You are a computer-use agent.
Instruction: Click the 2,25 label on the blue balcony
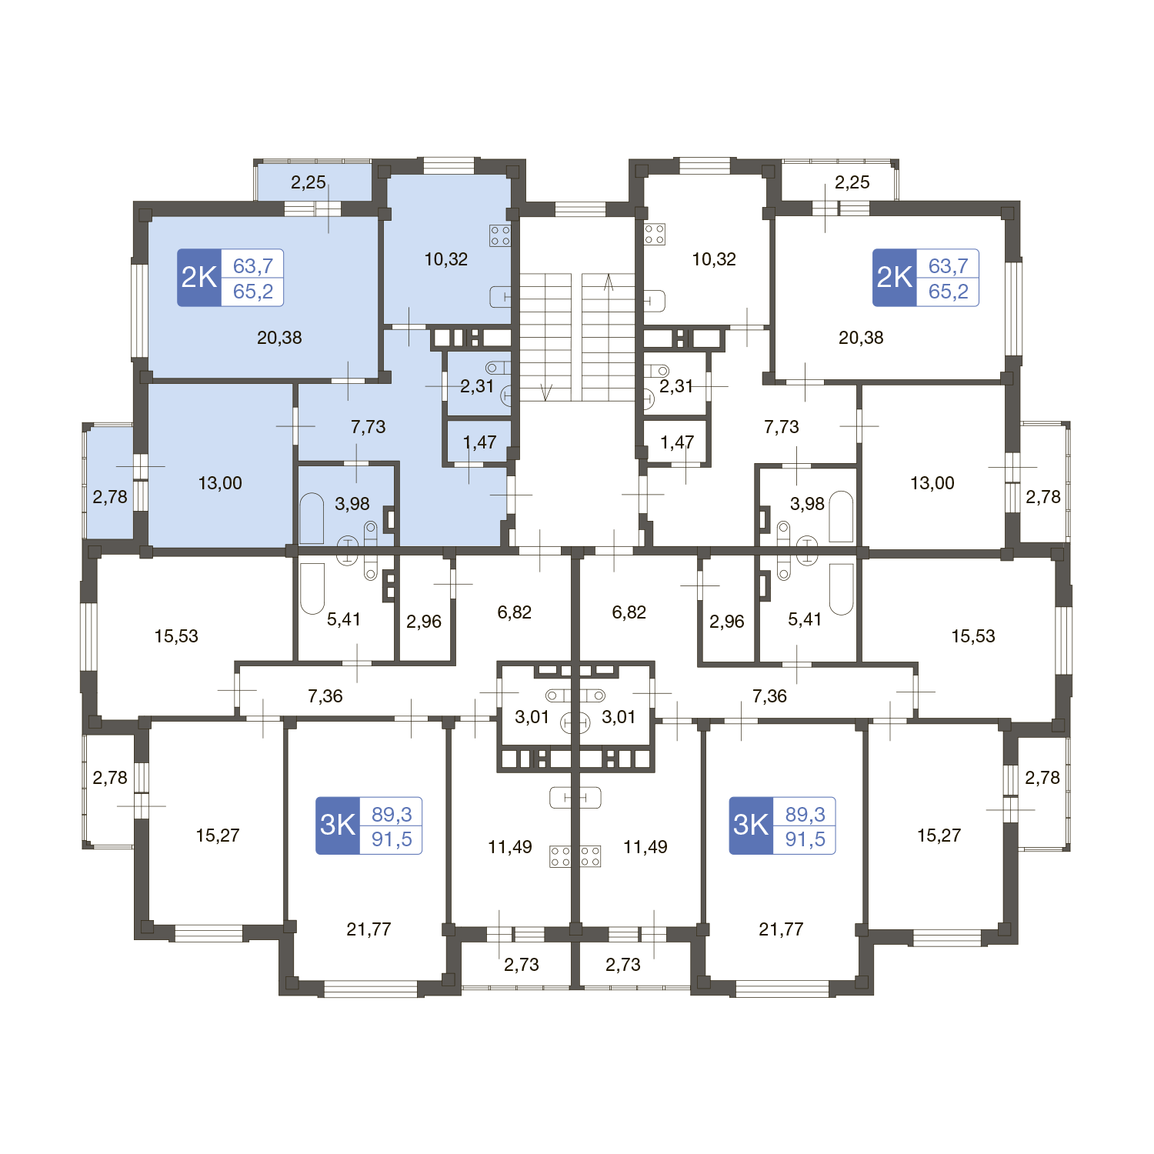click(x=309, y=182)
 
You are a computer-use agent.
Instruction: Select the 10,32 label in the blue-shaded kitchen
click(x=446, y=259)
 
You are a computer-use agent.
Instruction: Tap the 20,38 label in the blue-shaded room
click(x=279, y=338)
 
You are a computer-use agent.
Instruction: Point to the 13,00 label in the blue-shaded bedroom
click(x=220, y=483)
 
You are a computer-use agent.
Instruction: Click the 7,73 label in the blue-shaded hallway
click(x=368, y=427)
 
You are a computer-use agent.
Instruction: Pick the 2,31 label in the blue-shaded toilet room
click(x=476, y=386)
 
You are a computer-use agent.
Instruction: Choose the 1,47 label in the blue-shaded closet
click(x=479, y=442)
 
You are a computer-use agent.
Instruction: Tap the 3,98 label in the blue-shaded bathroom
click(x=352, y=504)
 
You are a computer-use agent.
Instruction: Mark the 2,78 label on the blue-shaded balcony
click(x=110, y=497)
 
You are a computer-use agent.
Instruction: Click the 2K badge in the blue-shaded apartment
click(x=199, y=278)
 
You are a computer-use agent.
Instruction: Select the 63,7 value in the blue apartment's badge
click(x=253, y=266)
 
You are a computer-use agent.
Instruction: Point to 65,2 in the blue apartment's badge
click(x=253, y=292)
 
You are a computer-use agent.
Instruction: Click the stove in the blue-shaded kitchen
click(x=500, y=235)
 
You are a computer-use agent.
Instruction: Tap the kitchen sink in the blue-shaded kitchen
click(x=500, y=296)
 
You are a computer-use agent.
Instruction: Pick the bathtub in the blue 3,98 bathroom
click(x=312, y=518)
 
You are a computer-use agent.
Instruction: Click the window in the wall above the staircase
click(x=580, y=209)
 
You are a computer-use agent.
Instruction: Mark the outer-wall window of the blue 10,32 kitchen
click(x=449, y=166)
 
